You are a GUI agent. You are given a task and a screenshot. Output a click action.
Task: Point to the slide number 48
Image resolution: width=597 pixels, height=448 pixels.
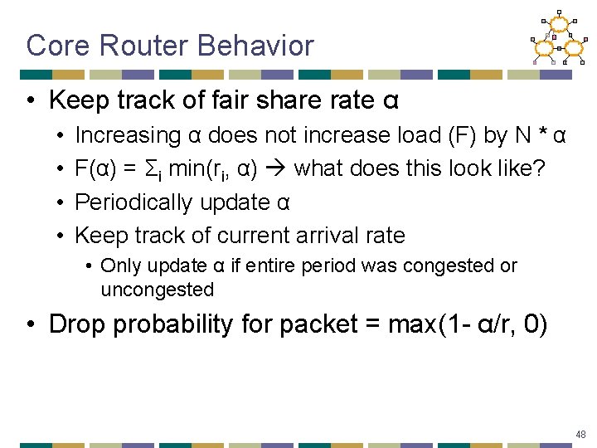pos(580,434)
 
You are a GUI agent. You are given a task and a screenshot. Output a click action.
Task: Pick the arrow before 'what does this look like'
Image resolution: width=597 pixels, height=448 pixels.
pos(275,169)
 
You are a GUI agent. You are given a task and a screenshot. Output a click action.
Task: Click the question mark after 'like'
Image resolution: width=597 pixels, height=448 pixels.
pos(540,169)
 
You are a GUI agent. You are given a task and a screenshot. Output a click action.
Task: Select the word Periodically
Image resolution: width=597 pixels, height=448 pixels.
pos(138,202)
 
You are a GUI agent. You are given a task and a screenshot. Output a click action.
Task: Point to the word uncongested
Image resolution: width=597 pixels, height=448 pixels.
pos(157,290)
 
